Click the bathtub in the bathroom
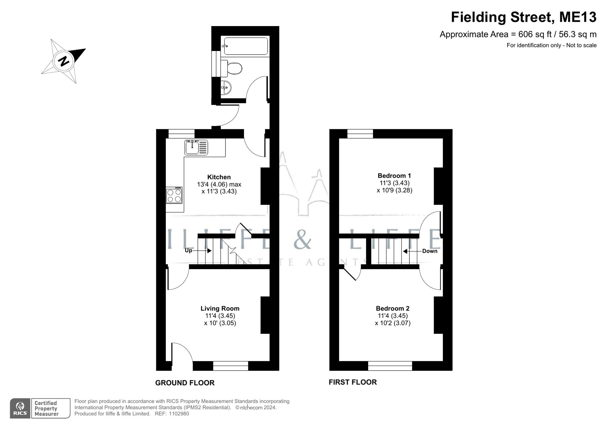[246, 46]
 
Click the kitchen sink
[196, 147]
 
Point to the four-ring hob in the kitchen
[174, 195]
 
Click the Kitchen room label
[219, 177]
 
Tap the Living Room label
[220, 308]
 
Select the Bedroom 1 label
[394, 175]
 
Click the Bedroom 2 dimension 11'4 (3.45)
[392, 316]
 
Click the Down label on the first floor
[429, 251]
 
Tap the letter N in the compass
[64, 61]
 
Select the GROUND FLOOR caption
[185, 383]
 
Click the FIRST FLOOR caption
[352, 382]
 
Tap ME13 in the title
[578, 17]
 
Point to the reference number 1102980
[179, 414]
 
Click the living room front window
[230, 366]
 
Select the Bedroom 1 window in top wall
[360, 133]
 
